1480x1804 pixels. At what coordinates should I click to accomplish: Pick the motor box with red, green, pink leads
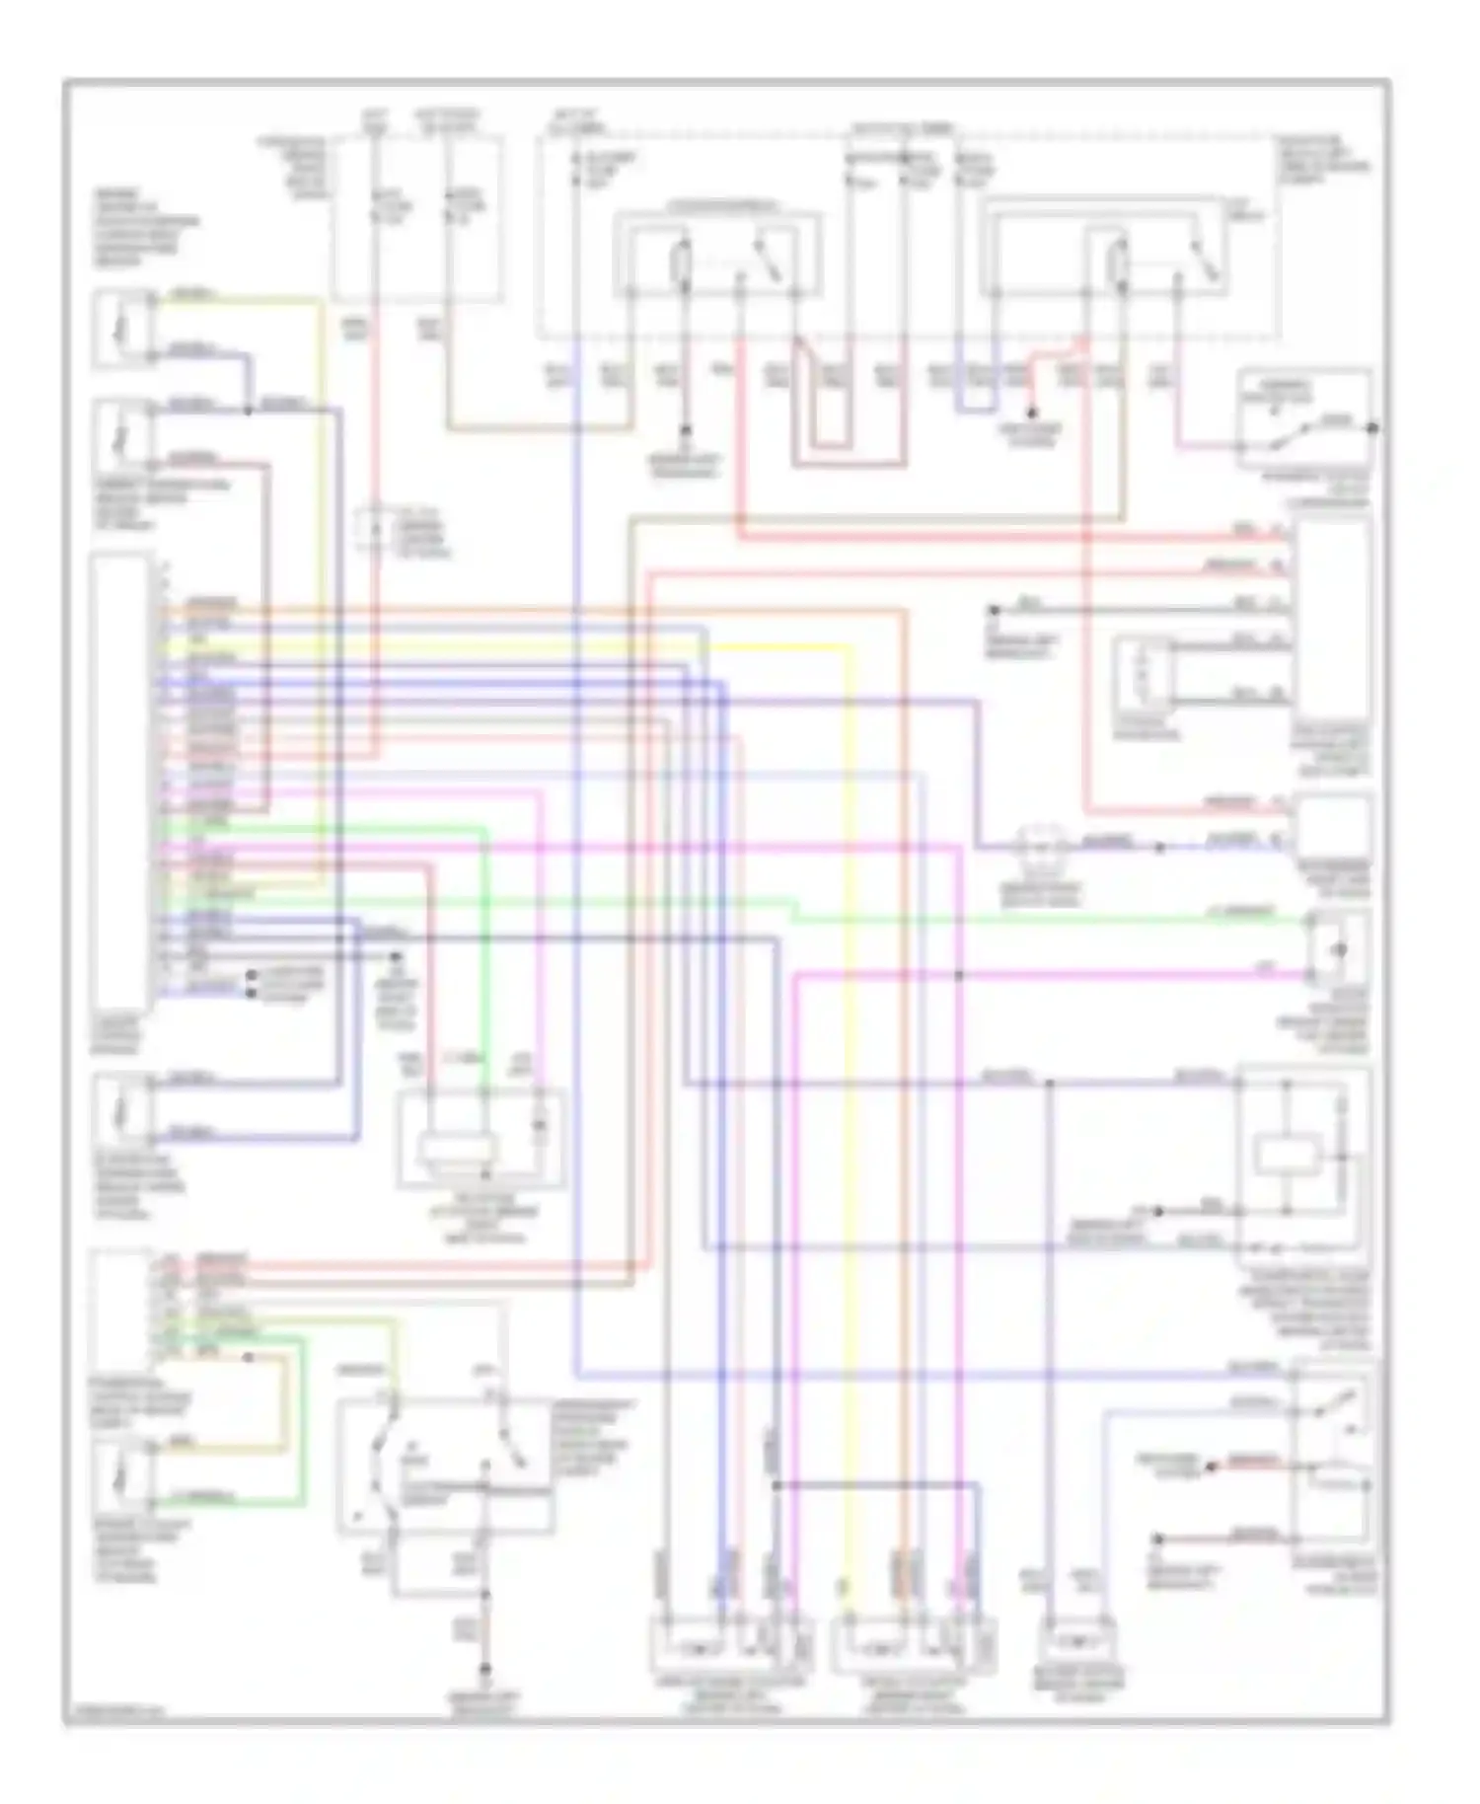(x=481, y=1139)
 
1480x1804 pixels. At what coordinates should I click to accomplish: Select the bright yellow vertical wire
(x=850, y=1086)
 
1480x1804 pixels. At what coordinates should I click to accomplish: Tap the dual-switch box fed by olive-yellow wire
(x=444, y=1467)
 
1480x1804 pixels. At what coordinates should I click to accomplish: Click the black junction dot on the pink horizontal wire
(x=959, y=976)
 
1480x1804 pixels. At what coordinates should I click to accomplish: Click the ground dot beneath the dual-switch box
(x=484, y=1670)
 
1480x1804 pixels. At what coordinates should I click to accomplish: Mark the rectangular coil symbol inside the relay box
(x=1287, y=1154)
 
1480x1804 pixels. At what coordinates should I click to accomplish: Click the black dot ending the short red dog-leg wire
(x=1031, y=413)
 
